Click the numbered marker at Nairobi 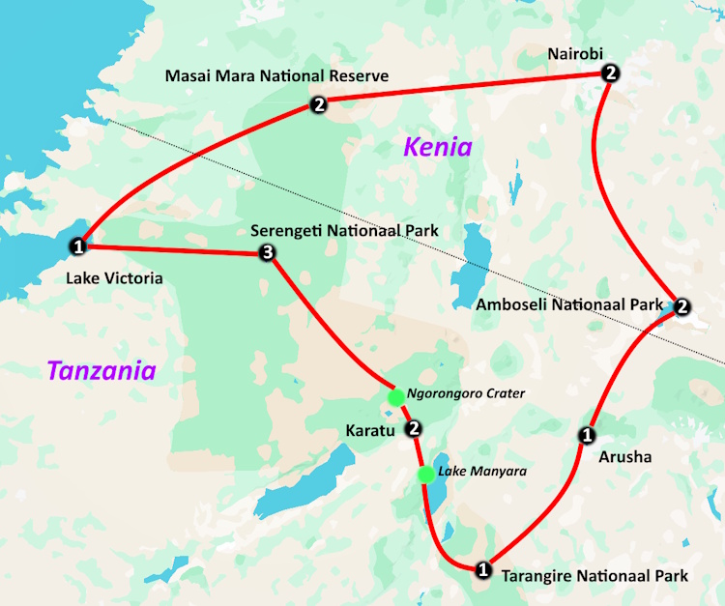[609, 73]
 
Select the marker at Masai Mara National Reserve [319, 104]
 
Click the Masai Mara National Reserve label [276, 75]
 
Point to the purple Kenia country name [438, 147]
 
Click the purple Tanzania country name [101, 370]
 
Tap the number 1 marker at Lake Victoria [79, 247]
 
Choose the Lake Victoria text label [114, 278]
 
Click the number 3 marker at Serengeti [268, 253]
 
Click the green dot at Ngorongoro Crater [394, 396]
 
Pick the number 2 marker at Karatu [414, 428]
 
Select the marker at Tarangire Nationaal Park [483, 568]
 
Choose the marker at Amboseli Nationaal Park [681, 307]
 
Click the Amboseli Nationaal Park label [570, 304]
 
